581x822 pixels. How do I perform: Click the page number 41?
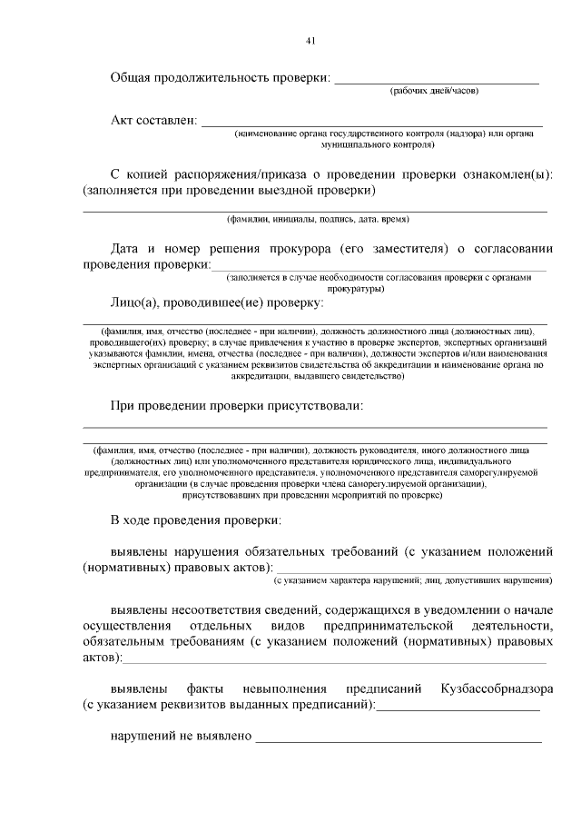coord(310,41)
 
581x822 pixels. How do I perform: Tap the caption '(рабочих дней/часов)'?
coord(434,92)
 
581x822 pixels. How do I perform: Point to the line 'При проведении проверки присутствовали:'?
coord(237,406)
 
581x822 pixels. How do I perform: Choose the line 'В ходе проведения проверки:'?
coord(196,520)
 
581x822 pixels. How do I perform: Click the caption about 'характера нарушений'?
coord(413,579)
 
